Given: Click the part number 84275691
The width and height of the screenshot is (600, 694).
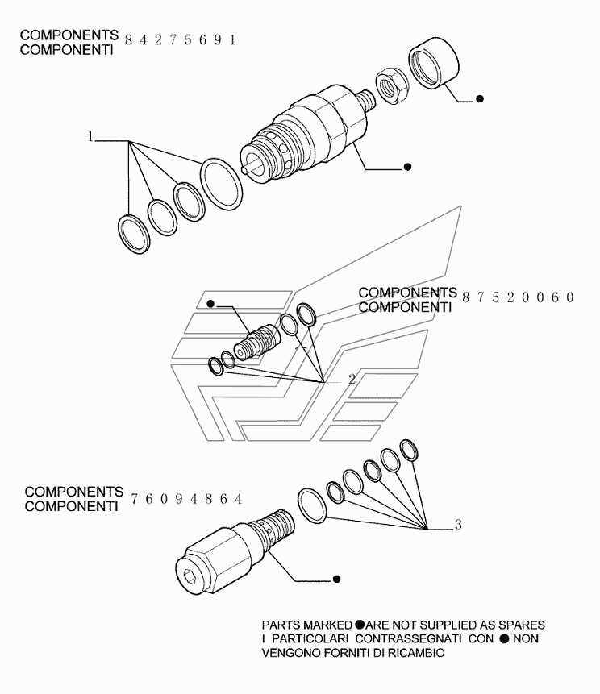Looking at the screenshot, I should [x=181, y=41].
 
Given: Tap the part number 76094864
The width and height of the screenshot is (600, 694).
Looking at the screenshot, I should [x=185, y=499].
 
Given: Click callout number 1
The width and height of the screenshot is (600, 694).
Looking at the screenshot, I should [x=92, y=138].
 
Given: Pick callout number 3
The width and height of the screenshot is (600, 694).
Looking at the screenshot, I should [x=458, y=526].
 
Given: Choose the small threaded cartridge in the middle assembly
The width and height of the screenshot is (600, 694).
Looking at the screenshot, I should [x=256, y=342].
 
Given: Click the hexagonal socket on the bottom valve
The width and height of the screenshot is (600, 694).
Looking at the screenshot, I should [x=190, y=577].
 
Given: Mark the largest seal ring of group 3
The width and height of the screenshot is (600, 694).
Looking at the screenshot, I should [x=310, y=504].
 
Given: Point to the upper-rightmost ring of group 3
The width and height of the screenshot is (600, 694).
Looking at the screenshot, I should [x=410, y=451].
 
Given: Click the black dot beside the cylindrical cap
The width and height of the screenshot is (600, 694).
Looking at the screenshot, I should [x=480, y=99].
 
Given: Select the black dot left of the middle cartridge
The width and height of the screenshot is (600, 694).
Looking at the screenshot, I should [x=210, y=304].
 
